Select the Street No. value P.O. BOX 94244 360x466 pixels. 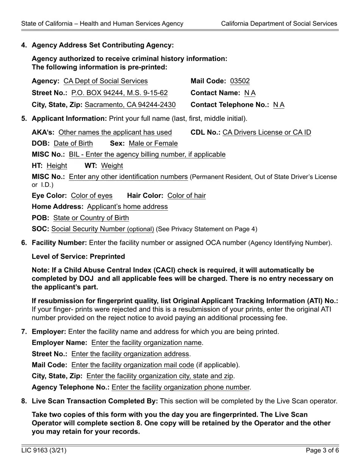tap(119, 93)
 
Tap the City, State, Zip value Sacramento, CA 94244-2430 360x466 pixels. tap(130, 105)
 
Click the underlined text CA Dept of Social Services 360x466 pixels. tap(105, 81)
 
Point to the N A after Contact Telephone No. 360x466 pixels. tap(279, 105)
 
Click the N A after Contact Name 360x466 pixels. tap(250, 93)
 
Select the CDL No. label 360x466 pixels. tap(205, 132)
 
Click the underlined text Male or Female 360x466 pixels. tap(153, 143)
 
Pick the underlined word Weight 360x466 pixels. tap(112, 166)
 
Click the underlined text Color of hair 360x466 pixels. tap(186, 195)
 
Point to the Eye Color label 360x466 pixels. tap(49, 195)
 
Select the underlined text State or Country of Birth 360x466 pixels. tap(91, 218)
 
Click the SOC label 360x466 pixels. tap(40, 229)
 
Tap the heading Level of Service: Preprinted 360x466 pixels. tap(78, 256)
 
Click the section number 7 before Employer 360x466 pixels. tap(24, 332)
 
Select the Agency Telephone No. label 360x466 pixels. tap(70, 387)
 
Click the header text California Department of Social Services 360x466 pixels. tap(279, 23)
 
